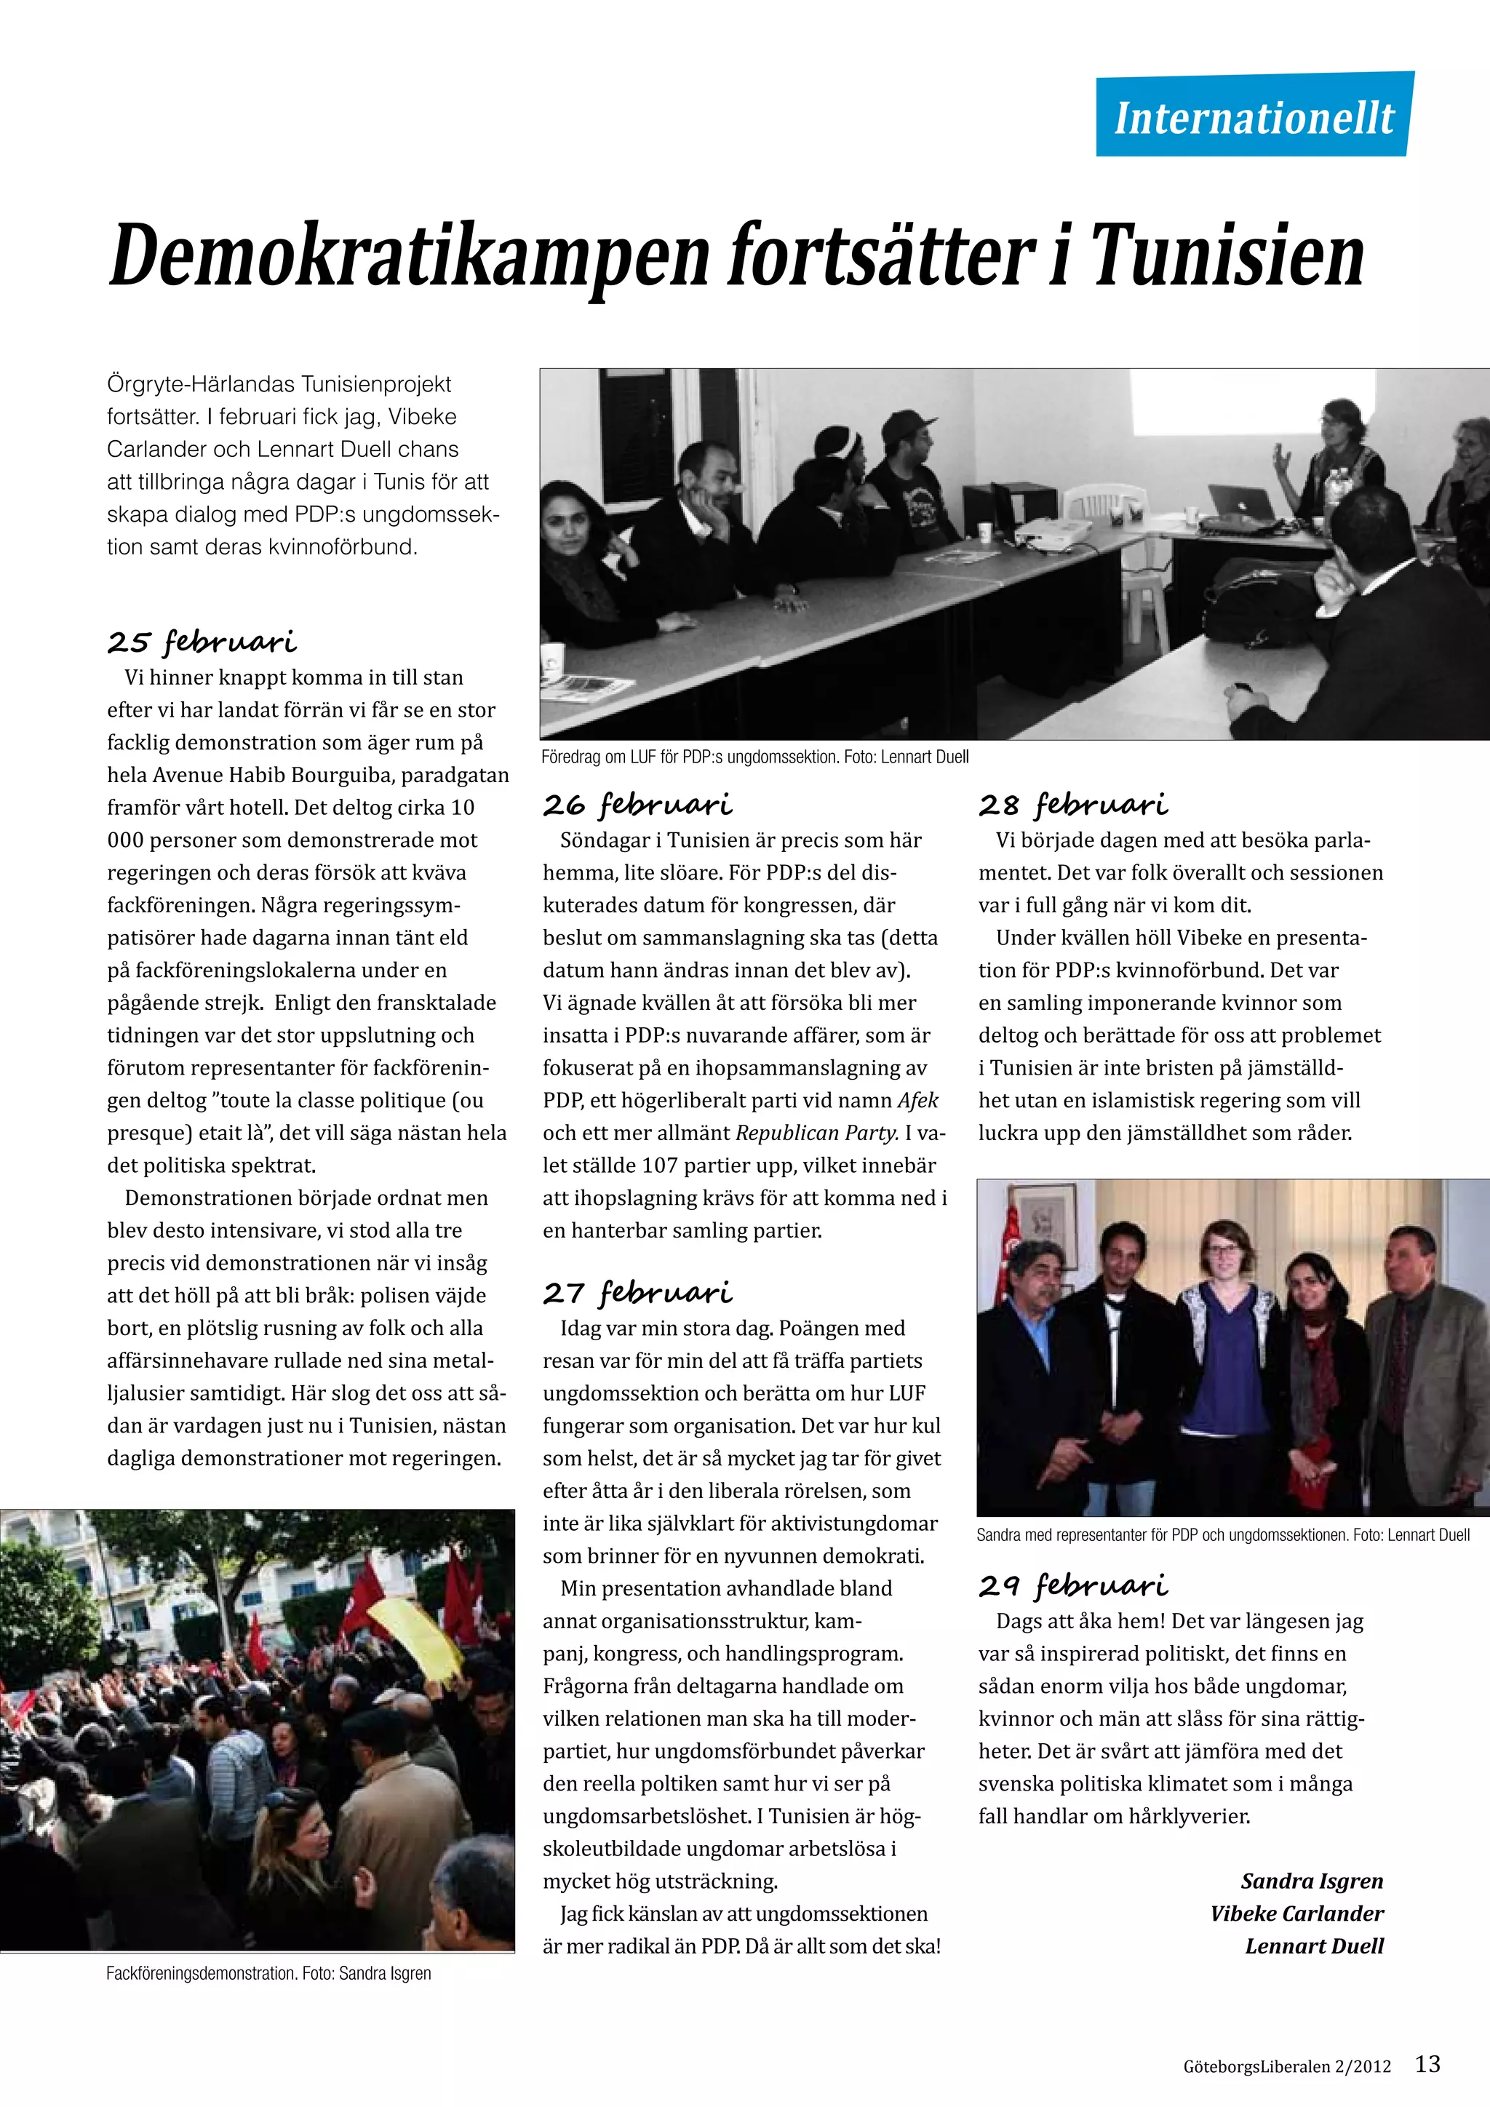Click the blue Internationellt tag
point(1254,117)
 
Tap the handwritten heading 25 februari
point(202,642)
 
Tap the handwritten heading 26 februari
point(637,805)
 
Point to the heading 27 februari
point(637,1293)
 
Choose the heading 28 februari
point(1073,805)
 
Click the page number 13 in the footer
point(1427,2064)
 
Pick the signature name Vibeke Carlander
point(1296,1913)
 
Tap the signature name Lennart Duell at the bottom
point(1314,1945)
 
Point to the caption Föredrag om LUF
point(755,757)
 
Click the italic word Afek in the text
point(917,1100)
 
